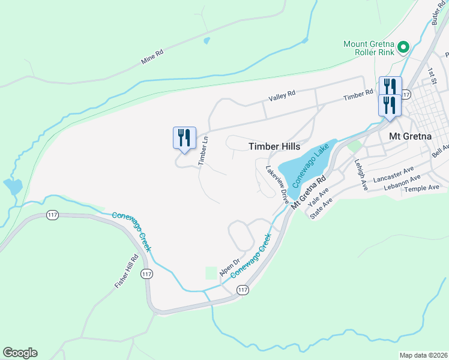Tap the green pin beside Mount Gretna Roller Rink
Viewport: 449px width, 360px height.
pyautogui.click(x=404, y=47)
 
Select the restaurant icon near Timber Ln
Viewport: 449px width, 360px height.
pyautogui.click(x=185, y=137)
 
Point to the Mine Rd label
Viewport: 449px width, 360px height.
pyautogui.click(x=152, y=58)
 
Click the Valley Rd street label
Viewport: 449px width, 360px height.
pyautogui.click(x=282, y=94)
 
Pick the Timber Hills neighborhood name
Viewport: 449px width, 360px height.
pyautogui.click(x=274, y=146)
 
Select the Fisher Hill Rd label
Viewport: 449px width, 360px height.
pyautogui.click(x=127, y=272)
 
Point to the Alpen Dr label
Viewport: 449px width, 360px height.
pyautogui.click(x=229, y=268)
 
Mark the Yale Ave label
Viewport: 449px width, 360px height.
pyautogui.click(x=318, y=199)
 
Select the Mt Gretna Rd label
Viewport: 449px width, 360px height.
pyautogui.click(x=309, y=191)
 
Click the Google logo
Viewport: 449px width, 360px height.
pyautogui.click(x=20, y=353)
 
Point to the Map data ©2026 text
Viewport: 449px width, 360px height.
pyautogui.click(x=423, y=355)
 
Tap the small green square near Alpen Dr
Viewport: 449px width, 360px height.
pyautogui.click(x=210, y=273)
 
